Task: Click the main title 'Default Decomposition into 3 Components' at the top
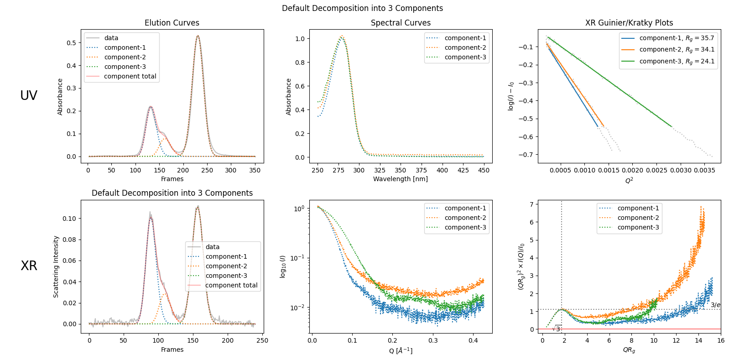coord(362,8)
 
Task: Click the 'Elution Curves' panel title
coord(172,23)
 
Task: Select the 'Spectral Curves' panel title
coord(401,23)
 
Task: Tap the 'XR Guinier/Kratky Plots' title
coord(629,23)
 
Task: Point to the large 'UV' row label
coord(29,95)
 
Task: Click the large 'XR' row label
coord(29,266)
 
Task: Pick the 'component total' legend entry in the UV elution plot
coord(130,76)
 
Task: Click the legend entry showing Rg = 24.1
coord(677,61)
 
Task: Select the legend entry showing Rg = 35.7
coord(677,38)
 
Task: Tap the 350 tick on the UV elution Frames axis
coord(255,170)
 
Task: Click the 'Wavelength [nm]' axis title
coord(401,179)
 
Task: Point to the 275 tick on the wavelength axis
coord(338,170)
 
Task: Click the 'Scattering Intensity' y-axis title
coord(56,266)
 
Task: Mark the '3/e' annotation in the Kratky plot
coord(715,305)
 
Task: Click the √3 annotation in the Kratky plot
coord(557,329)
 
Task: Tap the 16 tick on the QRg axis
coord(721,340)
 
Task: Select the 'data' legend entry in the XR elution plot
coord(213,247)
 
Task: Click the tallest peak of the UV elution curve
coord(198,36)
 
